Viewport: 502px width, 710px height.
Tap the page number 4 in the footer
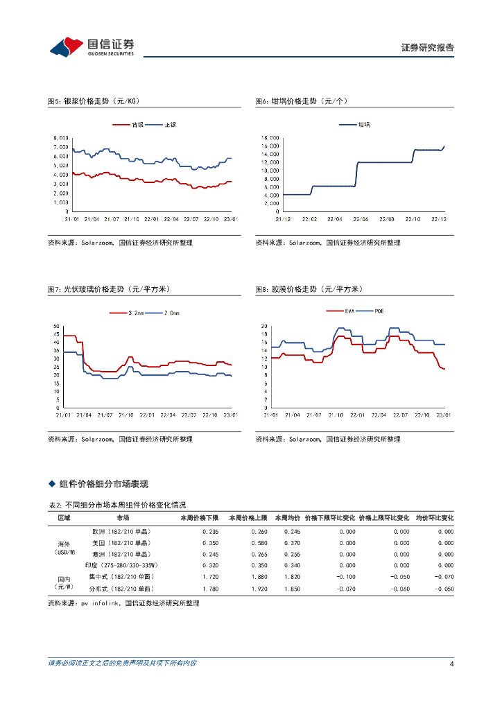click(451, 664)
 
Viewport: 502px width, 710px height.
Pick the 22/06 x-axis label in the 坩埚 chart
click(361, 219)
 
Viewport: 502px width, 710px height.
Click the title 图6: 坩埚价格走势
click(301, 101)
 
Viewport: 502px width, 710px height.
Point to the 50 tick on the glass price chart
click(55, 326)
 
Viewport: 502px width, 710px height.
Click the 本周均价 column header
click(287, 518)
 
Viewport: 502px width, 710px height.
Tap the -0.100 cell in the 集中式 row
click(345, 577)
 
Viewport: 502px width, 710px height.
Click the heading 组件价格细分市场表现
click(104, 483)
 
